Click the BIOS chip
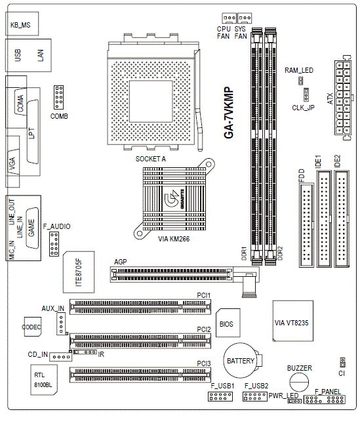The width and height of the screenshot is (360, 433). tap(228, 323)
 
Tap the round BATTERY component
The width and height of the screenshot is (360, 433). tap(239, 361)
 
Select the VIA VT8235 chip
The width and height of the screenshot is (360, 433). tap(292, 321)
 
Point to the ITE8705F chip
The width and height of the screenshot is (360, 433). tap(79, 272)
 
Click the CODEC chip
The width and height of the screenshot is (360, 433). tap(33, 327)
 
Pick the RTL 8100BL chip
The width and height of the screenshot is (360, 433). tap(44, 380)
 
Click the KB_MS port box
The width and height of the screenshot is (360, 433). tap(22, 24)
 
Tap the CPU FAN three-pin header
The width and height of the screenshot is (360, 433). tap(229, 18)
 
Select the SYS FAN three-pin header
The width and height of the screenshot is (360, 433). tap(245, 18)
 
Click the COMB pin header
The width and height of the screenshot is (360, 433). tap(58, 97)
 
